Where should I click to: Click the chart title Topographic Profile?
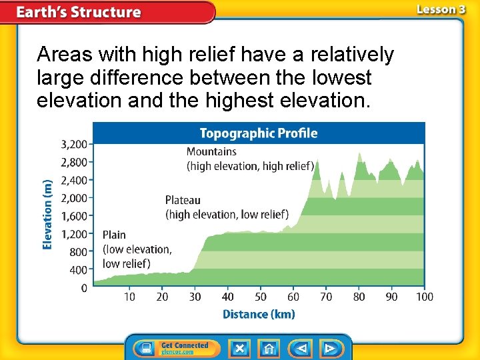pos(259,133)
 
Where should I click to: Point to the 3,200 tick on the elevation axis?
pos(74,144)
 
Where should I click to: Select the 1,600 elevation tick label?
pos(74,216)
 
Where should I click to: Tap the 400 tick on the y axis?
pos(79,270)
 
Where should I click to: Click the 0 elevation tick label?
pos(84,288)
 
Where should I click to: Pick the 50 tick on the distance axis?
pos(261,297)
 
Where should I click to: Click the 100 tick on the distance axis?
pos(424,297)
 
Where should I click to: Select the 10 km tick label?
pos(129,297)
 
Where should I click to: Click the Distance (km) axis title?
pos(259,314)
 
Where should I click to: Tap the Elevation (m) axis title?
pos(47,215)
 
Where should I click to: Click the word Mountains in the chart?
pos(211,151)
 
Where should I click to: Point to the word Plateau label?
pos(183,200)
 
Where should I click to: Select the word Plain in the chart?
pos(114,235)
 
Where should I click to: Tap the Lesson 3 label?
pos(441,9)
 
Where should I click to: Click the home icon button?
pos(269,349)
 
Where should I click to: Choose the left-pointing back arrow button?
pos(302,349)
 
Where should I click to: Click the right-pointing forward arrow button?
pos(330,349)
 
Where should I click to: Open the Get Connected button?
pos(173,349)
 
